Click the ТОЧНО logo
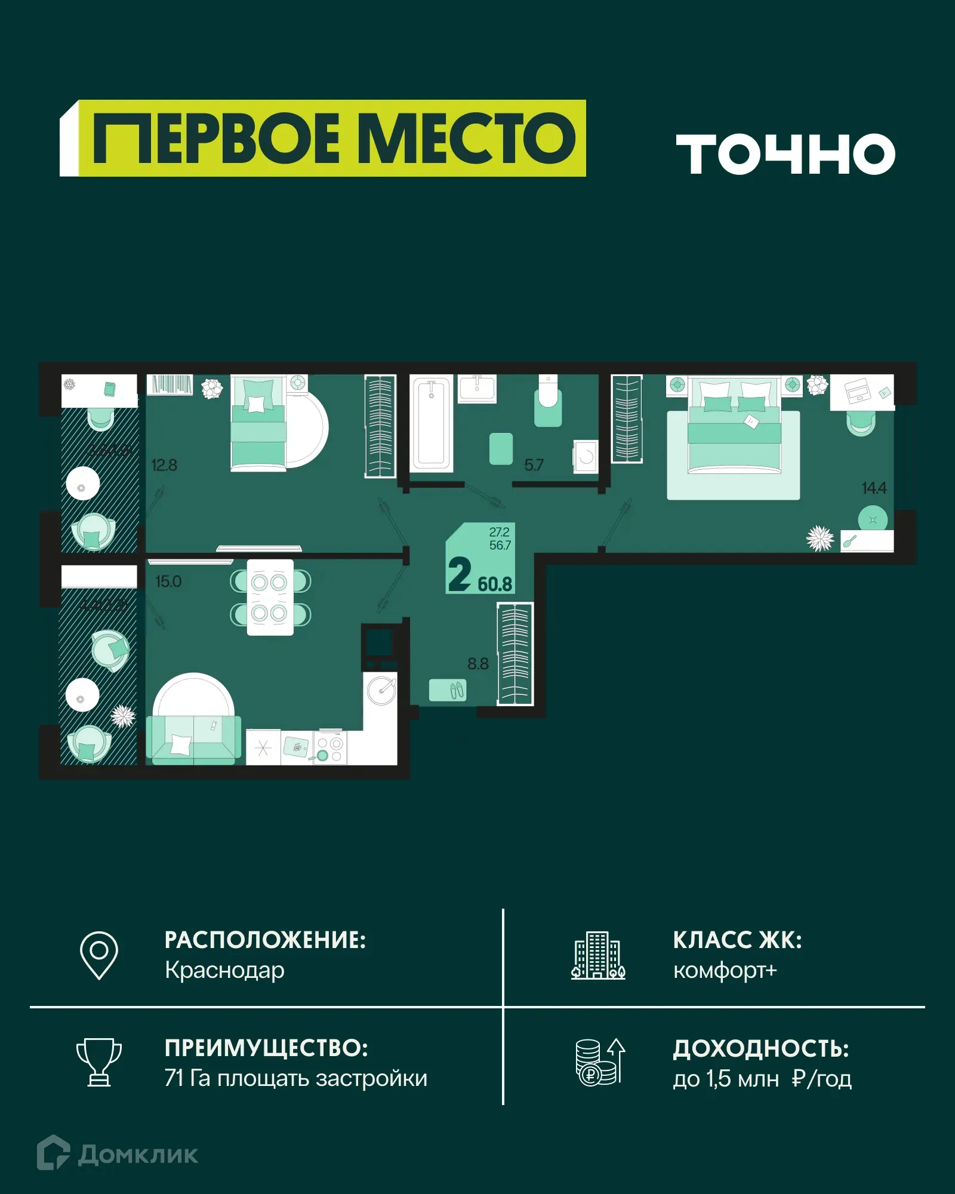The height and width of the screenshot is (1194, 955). pyautogui.click(x=785, y=154)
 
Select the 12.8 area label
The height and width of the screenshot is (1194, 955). pyautogui.click(x=164, y=465)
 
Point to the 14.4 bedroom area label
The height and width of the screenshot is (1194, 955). pyautogui.click(x=874, y=488)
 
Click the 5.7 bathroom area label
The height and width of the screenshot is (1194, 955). pyautogui.click(x=534, y=465)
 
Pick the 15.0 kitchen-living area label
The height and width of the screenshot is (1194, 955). pyautogui.click(x=168, y=581)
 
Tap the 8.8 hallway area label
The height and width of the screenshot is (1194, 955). pyautogui.click(x=478, y=664)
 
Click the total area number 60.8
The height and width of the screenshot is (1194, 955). pyautogui.click(x=495, y=584)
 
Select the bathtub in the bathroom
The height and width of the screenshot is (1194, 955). pyautogui.click(x=431, y=423)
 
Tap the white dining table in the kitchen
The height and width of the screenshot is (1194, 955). pyautogui.click(x=270, y=597)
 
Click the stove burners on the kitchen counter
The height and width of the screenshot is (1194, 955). pyautogui.click(x=330, y=749)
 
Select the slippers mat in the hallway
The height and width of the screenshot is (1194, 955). pyautogui.click(x=448, y=690)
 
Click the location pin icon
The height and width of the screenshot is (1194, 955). pyautogui.click(x=99, y=955)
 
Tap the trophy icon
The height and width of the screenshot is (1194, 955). pyautogui.click(x=99, y=1062)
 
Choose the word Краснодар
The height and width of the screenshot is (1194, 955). pyautogui.click(x=224, y=971)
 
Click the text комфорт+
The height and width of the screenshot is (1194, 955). pyautogui.click(x=725, y=971)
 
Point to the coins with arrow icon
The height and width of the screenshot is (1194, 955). pyautogui.click(x=599, y=1062)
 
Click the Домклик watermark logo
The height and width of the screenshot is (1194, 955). pyautogui.click(x=118, y=1154)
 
